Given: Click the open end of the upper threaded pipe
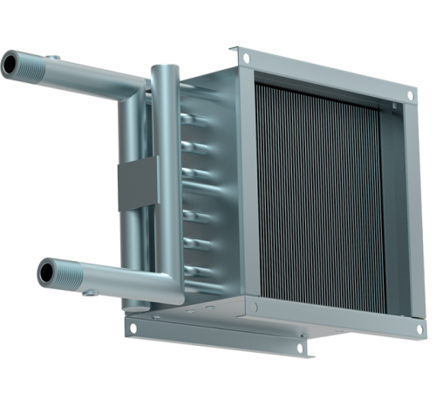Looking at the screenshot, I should coord(8,65).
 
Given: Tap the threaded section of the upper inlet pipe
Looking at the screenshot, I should coord(24,65).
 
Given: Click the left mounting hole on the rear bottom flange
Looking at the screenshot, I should coord(133,329).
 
